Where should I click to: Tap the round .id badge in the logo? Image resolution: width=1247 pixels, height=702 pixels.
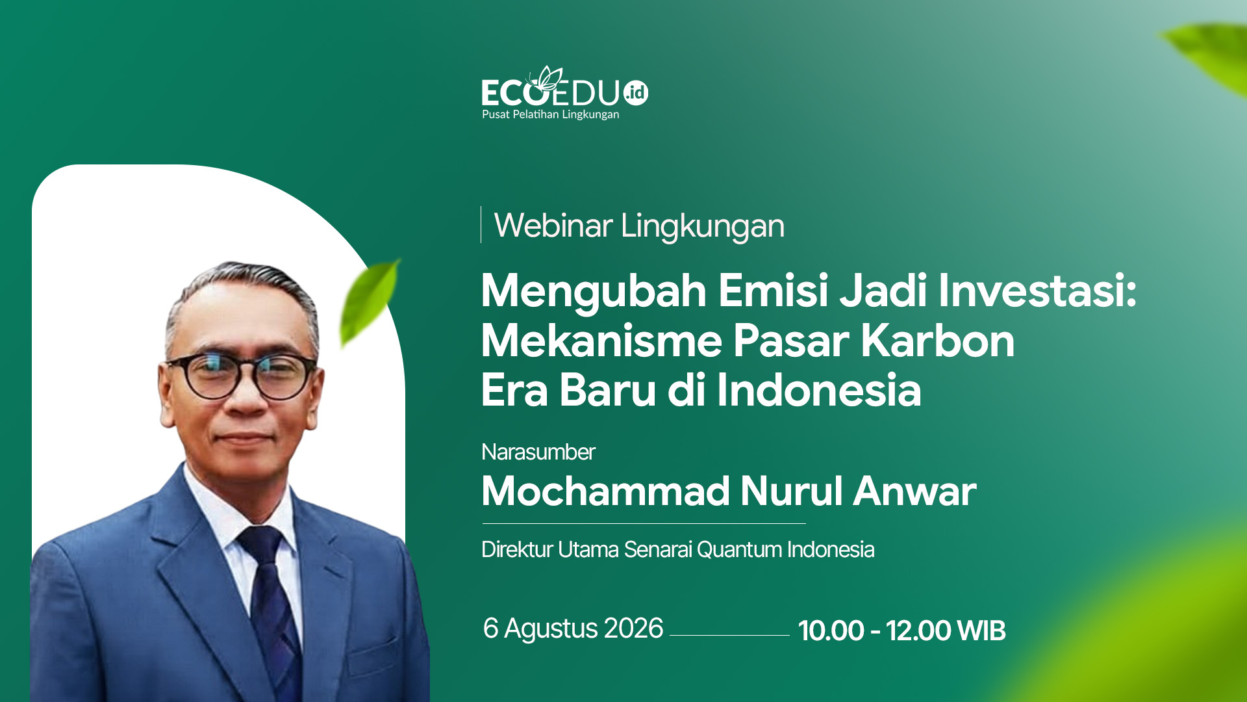pos(636,93)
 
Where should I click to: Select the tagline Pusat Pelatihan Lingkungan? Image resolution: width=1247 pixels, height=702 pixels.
pos(550,115)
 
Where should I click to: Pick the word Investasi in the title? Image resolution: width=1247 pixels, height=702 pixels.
pos(1037,290)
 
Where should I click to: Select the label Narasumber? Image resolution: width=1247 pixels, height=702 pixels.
pos(538,452)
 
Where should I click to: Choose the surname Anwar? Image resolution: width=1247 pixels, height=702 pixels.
pos(914,491)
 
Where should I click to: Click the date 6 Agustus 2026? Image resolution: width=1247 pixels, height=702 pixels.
pos(573,629)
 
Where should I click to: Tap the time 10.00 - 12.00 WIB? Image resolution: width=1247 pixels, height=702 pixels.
pos(901,630)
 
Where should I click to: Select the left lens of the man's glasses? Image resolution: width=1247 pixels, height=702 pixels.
pos(210,377)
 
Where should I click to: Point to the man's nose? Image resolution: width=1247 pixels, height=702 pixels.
pos(246,398)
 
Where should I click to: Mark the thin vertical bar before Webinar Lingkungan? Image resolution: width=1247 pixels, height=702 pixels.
pos(481,224)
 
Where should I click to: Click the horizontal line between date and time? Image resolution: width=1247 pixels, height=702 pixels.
pos(729,635)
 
